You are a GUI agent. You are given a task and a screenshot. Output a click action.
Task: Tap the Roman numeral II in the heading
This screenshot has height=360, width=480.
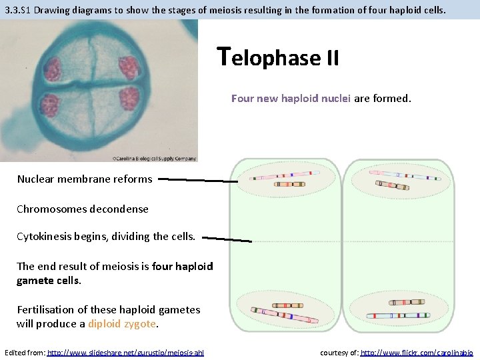(331, 59)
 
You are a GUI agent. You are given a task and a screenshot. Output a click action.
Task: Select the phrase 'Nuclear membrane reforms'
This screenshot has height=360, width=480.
(85, 179)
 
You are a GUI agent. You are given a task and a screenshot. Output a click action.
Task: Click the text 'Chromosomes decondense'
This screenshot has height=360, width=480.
(83, 209)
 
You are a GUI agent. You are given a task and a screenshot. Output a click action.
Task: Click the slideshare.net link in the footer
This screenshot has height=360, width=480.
(125, 352)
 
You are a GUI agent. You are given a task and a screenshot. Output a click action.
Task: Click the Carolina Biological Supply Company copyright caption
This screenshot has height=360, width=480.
(154, 158)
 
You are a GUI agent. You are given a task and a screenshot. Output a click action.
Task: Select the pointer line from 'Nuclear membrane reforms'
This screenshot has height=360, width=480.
(198, 179)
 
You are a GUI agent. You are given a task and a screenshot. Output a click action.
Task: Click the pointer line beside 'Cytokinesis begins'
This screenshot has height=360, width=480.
(227, 238)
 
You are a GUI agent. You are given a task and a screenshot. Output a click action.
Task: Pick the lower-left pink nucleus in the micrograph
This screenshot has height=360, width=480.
(50, 105)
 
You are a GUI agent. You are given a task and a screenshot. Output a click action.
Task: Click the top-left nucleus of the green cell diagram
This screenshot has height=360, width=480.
(285, 178)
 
